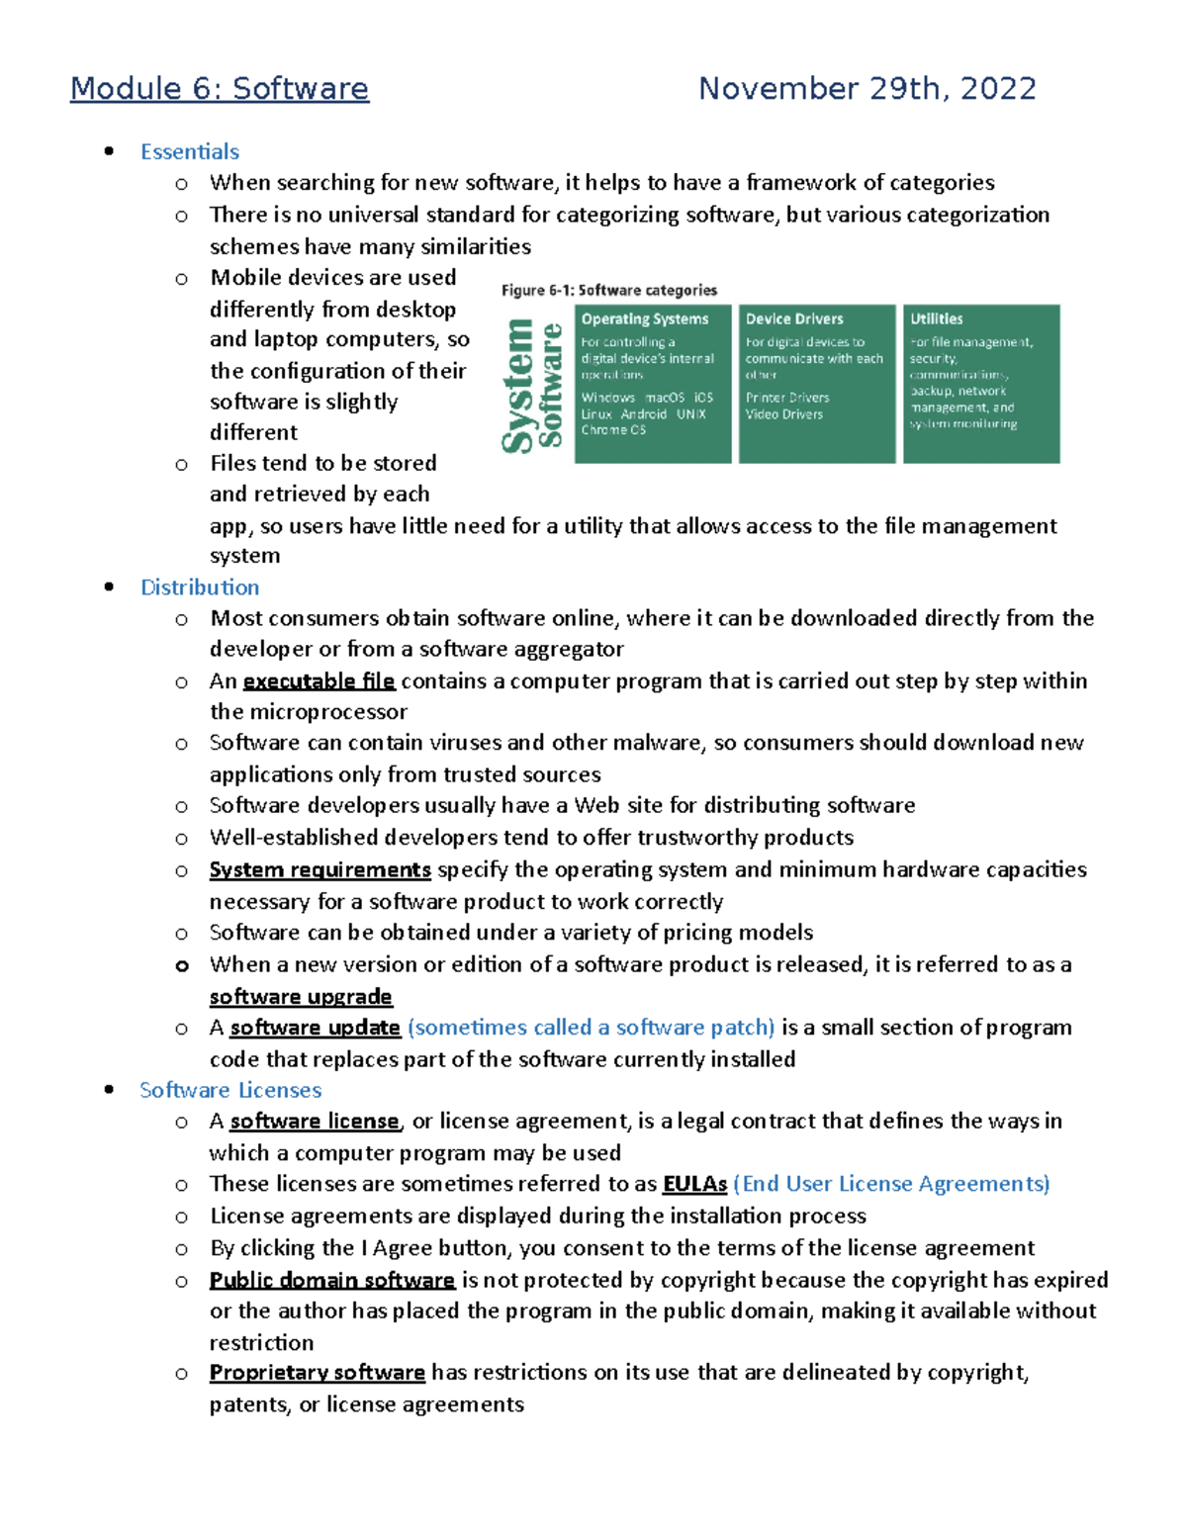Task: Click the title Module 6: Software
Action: [220, 89]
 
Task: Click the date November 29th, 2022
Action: [867, 89]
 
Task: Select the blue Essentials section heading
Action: [190, 152]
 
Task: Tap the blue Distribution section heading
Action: [200, 587]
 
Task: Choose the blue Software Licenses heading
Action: [230, 1090]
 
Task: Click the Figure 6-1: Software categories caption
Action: [608, 291]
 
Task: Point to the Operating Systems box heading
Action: [645, 319]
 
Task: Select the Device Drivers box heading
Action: [794, 319]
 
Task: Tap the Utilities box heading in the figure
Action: [936, 319]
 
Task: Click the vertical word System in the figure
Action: [518, 387]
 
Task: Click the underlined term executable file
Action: [319, 681]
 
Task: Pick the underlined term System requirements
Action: [320, 870]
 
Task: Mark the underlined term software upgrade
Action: [301, 997]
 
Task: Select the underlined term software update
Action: [315, 1028]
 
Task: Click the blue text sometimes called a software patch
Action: [591, 1028]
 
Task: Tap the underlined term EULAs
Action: [694, 1184]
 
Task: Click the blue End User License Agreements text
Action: [890, 1184]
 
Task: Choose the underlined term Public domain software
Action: [331, 1280]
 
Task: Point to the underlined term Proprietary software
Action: [317, 1373]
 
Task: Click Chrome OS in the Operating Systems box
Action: [613, 430]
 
